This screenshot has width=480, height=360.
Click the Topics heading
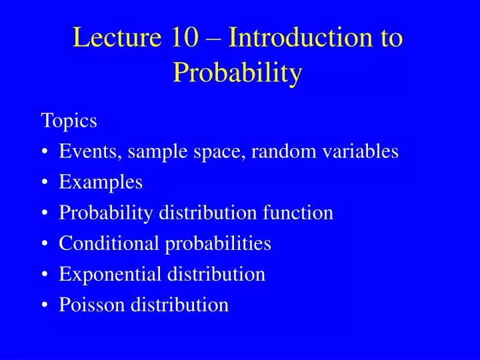point(69,121)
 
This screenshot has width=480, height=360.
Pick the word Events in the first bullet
point(87,152)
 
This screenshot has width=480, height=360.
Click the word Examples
point(101,183)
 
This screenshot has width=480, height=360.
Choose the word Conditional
point(109,244)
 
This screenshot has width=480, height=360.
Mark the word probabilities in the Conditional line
point(218,244)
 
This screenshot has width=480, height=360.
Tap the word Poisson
point(92,305)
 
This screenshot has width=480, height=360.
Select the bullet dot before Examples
point(45,183)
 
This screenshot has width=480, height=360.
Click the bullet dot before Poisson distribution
point(45,306)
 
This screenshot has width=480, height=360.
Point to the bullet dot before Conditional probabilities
point(45,245)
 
